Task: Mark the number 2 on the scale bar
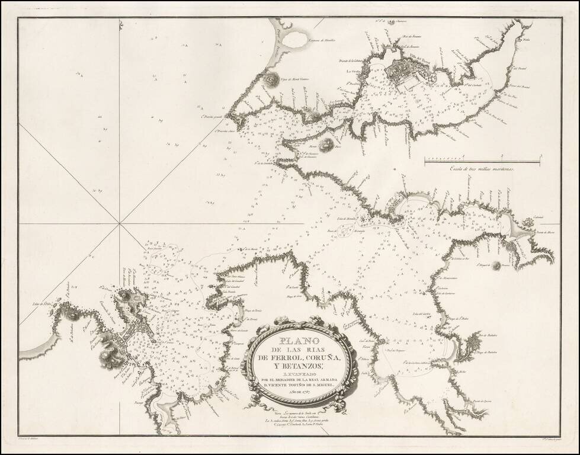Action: click(x=502, y=155)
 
